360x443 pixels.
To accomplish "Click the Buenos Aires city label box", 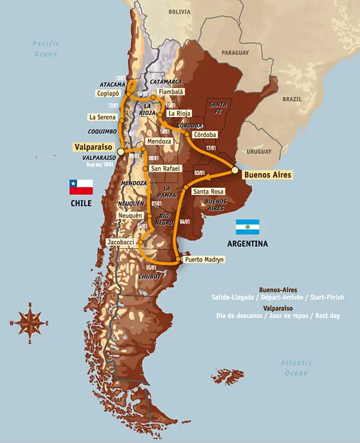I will coord(268,174).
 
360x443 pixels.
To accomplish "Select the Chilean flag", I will coord(81,186).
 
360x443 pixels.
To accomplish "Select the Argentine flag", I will coord(248,226).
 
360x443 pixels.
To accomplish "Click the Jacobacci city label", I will coord(122,242).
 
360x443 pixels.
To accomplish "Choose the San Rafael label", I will coord(164,169).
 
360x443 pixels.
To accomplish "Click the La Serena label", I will coord(102,117).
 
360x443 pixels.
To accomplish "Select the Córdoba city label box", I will coord(204,134).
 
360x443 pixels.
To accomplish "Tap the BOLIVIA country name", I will coord(179,12).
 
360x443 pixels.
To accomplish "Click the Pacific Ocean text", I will coord(46,49).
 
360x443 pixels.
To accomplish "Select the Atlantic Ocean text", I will coord(296,368).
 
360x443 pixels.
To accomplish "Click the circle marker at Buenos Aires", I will coord(235,170).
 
